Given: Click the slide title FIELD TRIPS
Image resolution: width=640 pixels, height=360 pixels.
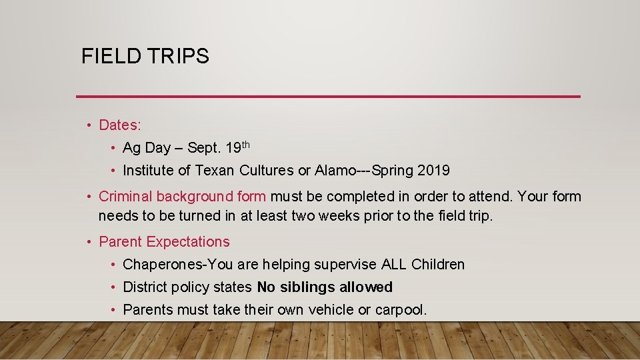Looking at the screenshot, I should (x=145, y=56).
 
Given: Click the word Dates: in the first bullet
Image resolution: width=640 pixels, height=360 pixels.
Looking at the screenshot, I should (x=120, y=125).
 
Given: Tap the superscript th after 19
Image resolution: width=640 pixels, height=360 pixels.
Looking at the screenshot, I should (x=245, y=144).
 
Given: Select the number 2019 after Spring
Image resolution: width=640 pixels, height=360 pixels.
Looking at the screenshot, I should (x=433, y=171).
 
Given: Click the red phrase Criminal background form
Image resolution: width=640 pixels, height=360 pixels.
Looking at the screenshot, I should (x=183, y=197).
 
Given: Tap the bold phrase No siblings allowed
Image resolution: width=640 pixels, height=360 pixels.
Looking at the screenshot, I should (x=325, y=287).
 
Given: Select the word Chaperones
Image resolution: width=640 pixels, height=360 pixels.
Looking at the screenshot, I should (x=162, y=265).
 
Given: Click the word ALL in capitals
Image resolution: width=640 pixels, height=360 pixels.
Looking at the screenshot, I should (x=393, y=265).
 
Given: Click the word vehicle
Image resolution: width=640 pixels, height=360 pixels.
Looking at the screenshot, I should (x=347, y=310).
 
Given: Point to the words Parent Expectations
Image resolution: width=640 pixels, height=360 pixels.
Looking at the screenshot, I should (x=164, y=242).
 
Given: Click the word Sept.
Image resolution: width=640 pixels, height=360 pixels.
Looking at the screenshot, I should (x=204, y=148).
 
